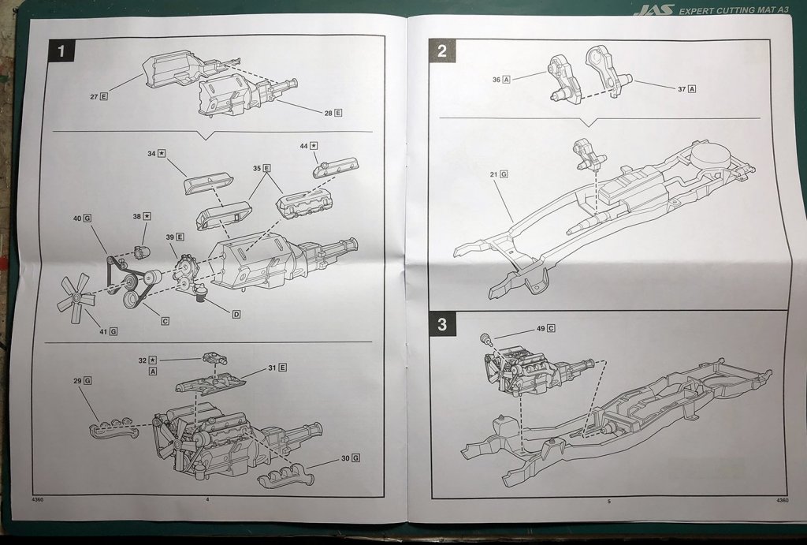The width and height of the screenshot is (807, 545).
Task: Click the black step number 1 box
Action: [61, 53]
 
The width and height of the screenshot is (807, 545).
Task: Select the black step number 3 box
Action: [441, 323]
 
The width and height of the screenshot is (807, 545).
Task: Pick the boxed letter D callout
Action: [236, 314]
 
